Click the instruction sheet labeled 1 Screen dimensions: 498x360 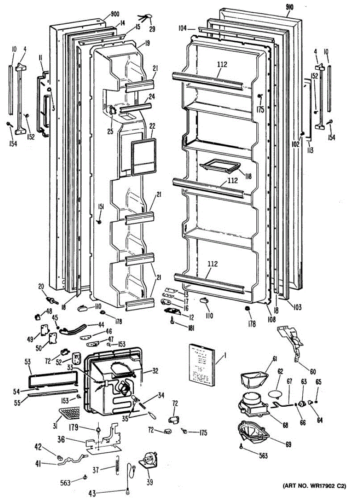click(203, 362)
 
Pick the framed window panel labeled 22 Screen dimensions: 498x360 click(144, 157)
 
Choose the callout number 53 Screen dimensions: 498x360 click(27, 362)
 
